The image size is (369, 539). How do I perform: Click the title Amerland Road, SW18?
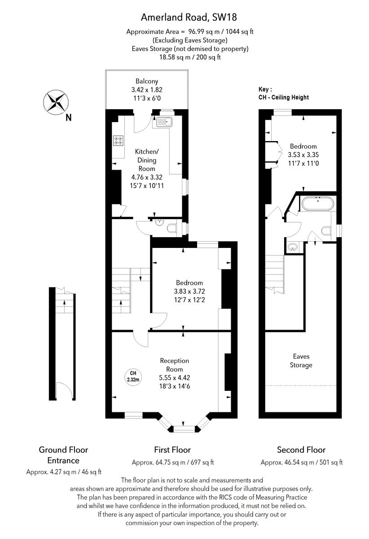(189, 18)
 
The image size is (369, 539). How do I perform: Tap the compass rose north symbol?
(55, 102)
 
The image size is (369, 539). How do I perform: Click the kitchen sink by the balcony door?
(164, 122)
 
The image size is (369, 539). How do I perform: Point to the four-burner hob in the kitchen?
(119, 141)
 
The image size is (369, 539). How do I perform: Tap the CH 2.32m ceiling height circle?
(133, 376)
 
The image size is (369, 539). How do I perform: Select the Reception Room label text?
(175, 365)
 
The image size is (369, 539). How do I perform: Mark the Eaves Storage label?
(301, 361)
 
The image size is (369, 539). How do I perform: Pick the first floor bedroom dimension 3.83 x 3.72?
(189, 292)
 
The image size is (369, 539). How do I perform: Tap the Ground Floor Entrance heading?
(63, 455)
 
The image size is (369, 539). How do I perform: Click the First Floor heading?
(172, 450)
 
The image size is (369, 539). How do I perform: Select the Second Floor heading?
(301, 450)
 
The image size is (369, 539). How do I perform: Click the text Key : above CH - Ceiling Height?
(266, 89)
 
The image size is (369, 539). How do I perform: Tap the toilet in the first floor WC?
(172, 229)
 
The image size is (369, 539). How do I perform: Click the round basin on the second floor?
(293, 247)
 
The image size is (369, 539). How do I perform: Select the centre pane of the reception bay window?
(184, 429)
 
